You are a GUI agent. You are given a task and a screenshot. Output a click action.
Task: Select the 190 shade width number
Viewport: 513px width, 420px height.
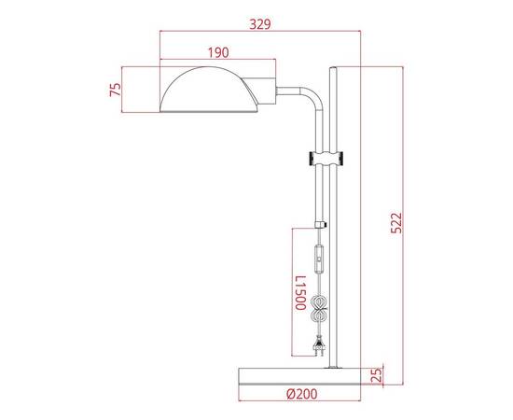coord(217,53)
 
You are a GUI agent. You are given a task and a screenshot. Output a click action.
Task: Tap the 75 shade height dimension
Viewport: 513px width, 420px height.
coord(115,90)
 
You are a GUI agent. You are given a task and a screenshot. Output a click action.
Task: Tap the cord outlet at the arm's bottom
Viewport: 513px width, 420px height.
coord(322,224)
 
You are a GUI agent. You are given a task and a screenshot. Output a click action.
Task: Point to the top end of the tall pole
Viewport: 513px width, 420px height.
coord(336,69)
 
